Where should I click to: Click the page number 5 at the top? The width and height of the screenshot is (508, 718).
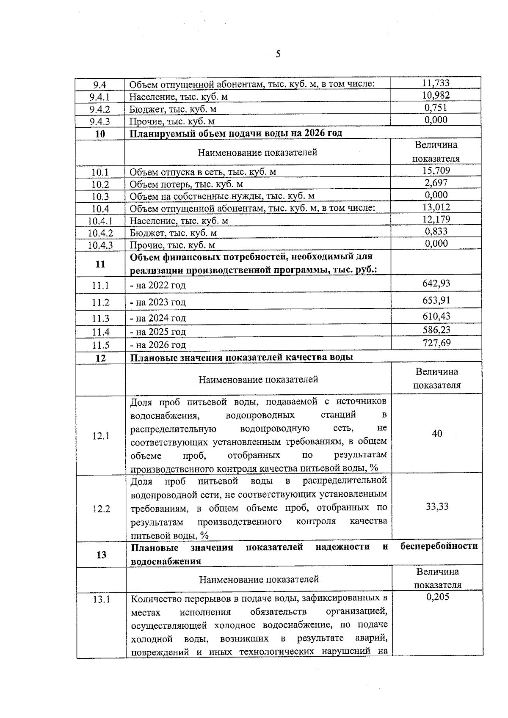278,54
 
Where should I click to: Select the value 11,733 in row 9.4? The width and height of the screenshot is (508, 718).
436,83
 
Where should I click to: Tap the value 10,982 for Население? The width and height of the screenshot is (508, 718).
436,96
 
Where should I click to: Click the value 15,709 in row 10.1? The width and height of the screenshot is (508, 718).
436,171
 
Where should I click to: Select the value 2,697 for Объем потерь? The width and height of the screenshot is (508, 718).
436,183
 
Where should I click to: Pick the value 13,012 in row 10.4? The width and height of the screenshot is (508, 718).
436,207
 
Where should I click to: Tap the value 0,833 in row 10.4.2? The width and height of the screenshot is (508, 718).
436,231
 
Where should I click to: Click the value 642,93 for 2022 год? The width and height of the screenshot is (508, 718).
436,283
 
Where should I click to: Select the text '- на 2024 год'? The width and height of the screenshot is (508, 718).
158,318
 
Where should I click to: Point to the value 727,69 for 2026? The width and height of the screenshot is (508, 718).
436,343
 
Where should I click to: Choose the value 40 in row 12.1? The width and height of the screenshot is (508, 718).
437,434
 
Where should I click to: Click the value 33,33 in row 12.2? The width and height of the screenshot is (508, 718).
437,507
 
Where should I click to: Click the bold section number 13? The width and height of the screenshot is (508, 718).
101,555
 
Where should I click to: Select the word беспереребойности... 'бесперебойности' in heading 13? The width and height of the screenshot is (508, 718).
439,546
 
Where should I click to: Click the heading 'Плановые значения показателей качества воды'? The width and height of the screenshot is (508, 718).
241,357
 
